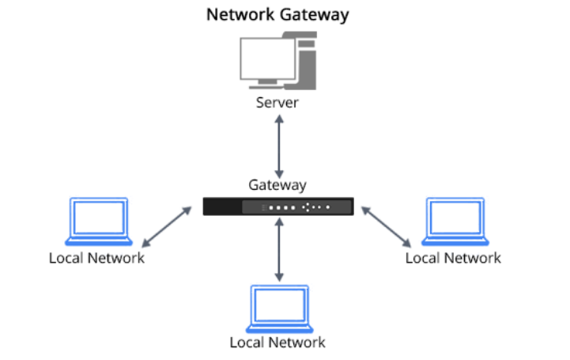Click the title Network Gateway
pos(277,14)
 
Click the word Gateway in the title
pos(319,14)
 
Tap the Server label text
pos(277,102)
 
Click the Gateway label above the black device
pos(277,185)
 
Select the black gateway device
pos(277,207)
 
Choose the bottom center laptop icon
pos(277,308)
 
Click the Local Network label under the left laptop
pos(96,258)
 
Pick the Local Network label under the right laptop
pos(453,258)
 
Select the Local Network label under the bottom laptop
pos(277,343)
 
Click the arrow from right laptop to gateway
pos(387,225)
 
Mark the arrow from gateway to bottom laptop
pos(277,249)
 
